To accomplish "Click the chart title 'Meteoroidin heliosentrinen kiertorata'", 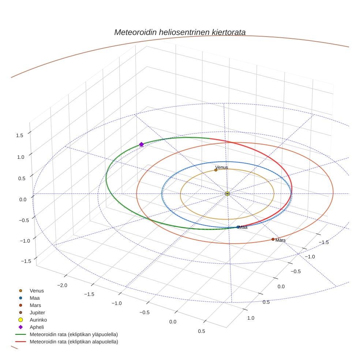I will click(x=180, y=32).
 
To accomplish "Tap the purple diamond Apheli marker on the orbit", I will click(x=141, y=145).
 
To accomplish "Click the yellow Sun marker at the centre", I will click(x=227, y=194).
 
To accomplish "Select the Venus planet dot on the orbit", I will click(x=216, y=170).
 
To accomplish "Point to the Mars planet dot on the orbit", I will click(x=273, y=239).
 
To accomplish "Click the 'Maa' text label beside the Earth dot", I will click(x=243, y=227).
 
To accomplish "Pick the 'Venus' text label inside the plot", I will click(x=222, y=168).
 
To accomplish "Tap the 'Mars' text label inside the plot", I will click(x=281, y=240).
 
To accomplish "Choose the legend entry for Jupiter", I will click(x=37, y=312).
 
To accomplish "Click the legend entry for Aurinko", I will click(x=38, y=320).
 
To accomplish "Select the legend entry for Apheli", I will click(x=37, y=327).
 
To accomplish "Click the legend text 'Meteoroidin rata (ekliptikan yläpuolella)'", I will click(x=74, y=334).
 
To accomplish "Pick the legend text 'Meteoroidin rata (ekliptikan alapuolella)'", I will click(x=74, y=342).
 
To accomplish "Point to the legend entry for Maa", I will click(x=35, y=298).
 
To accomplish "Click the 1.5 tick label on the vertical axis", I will click(x=19, y=135).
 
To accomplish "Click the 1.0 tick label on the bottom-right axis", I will click(x=251, y=318).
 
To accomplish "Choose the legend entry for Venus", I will click(x=37, y=290).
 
